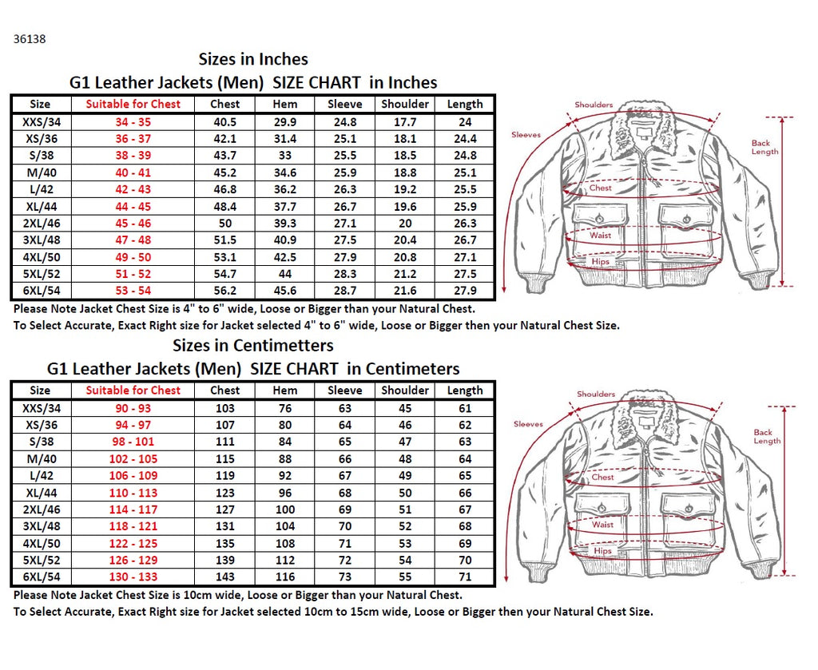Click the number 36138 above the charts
coord(30,38)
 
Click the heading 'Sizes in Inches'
coord(253,59)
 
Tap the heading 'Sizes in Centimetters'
coord(253,346)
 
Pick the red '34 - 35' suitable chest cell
coord(133,122)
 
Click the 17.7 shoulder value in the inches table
coord(405,122)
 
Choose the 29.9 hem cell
coord(285,122)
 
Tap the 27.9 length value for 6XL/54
coord(465,291)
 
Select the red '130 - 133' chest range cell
coord(133,577)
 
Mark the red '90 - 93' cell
coord(133,408)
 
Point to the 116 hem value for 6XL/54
coord(285,577)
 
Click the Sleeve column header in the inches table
coord(345,104)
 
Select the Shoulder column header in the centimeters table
coord(405,391)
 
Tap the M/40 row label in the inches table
coord(39,172)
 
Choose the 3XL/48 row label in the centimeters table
coord(39,526)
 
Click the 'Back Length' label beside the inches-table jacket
coord(764,147)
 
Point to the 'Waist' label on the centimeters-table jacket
coord(602,525)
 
